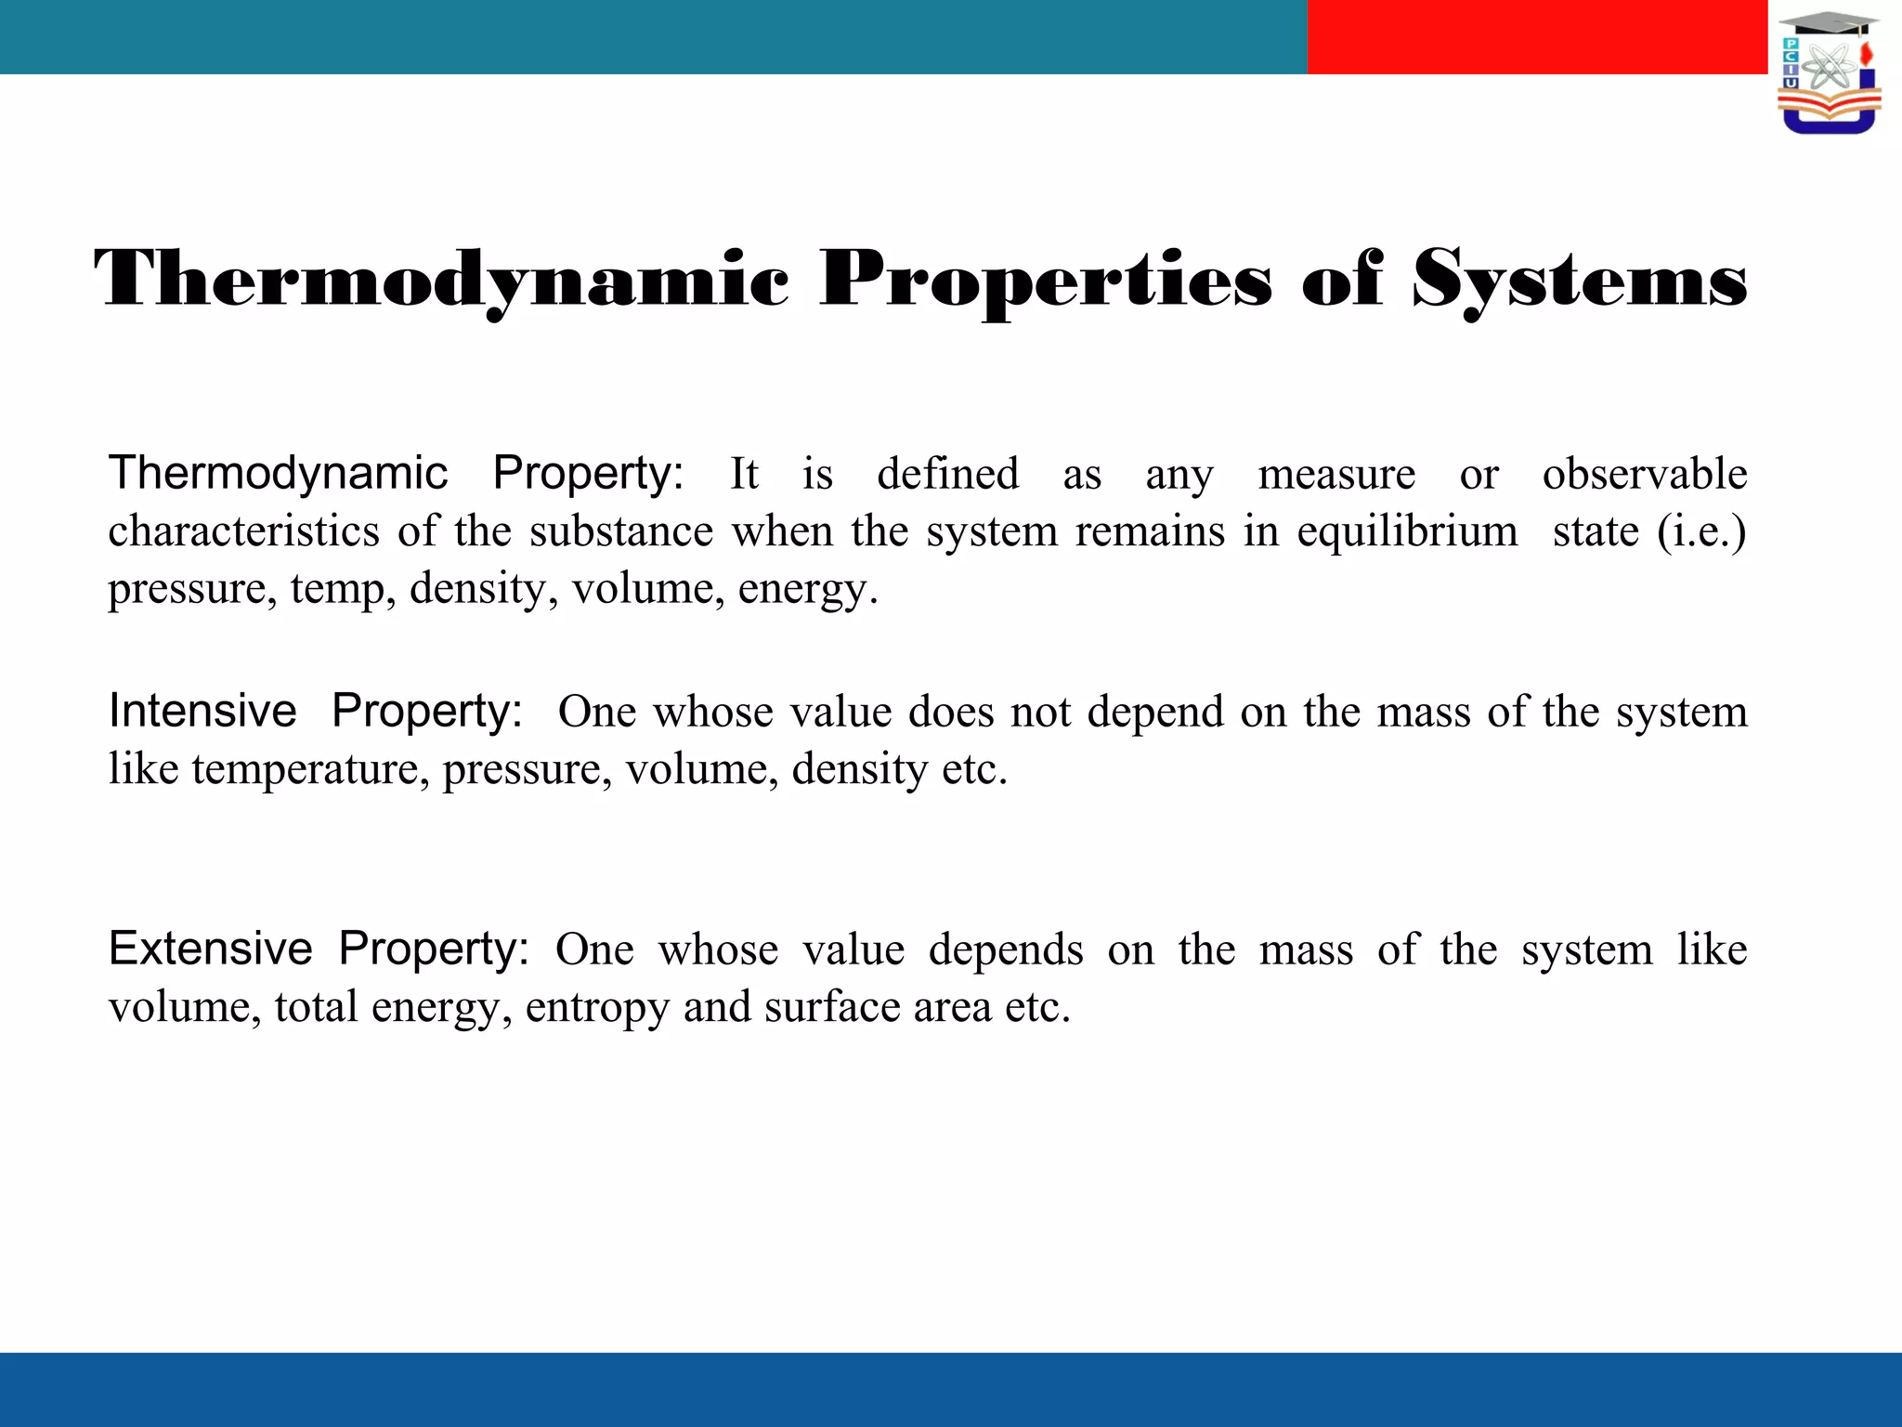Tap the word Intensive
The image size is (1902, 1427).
(x=202, y=712)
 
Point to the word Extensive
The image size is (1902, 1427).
(x=211, y=949)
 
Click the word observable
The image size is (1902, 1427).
(x=1645, y=474)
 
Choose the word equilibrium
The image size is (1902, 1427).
(x=1407, y=531)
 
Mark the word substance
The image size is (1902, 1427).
(x=621, y=531)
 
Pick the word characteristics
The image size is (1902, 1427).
(x=243, y=531)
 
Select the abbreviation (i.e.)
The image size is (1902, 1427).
(x=1701, y=531)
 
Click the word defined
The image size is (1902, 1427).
(x=947, y=474)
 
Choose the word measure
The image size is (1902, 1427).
(x=1336, y=474)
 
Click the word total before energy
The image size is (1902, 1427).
(x=316, y=1007)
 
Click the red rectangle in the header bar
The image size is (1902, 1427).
(x=1537, y=37)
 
